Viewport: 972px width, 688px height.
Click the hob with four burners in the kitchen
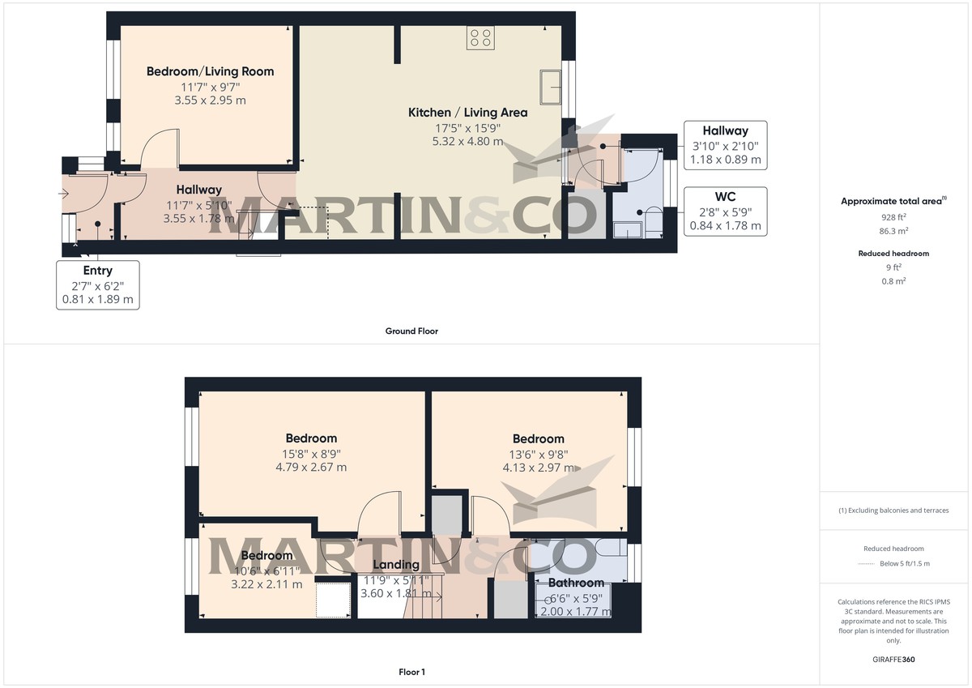[480, 37]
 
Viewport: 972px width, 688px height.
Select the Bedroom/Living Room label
[210, 71]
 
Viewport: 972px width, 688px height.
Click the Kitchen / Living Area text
[467, 113]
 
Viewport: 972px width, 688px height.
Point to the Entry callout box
[97, 284]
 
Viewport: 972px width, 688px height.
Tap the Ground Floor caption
[412, 331]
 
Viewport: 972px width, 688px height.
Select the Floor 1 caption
[411, 672]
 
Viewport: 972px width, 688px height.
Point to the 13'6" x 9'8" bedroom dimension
[538, 454]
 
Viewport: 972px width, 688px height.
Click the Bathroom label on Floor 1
[576, 583]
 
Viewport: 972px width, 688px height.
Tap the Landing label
[396, 565]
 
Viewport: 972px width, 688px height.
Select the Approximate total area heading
[894, 201]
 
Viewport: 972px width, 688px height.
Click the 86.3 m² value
[893, 229]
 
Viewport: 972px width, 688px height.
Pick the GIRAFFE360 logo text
[893, 660]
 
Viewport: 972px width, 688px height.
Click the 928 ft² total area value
[893, 217]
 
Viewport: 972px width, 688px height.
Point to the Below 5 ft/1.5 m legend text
[905, 564]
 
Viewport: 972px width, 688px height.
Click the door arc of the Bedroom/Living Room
[159, 147]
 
